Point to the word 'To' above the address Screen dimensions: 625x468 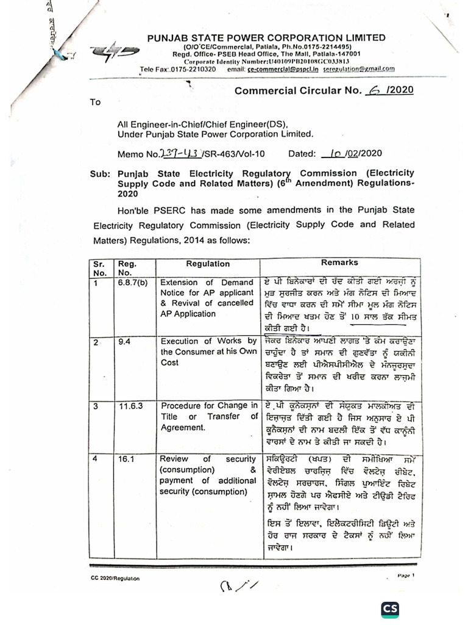pyautogui.click(x=94, y=102)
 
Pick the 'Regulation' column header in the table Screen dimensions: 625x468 pyautogui.click(x=208, y=264)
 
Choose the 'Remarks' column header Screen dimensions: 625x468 pyautogui.click(x=339, y=262)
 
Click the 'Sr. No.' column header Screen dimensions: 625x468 pyautogui.click(x=99, y=269)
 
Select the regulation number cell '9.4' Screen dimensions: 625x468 pyautogui.click(x=124, y=341)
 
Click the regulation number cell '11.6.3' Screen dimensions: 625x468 pyautogui.click(x=128, y=406)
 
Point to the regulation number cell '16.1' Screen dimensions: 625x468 pyautogui.click(x=126, y=458)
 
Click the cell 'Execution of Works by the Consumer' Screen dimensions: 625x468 pyautogui.click(x=208, y=352)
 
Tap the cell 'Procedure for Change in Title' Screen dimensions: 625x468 pyautogui.click(x=208, y=416)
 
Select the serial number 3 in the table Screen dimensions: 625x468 pyautogui.click(x=95, y=406)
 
